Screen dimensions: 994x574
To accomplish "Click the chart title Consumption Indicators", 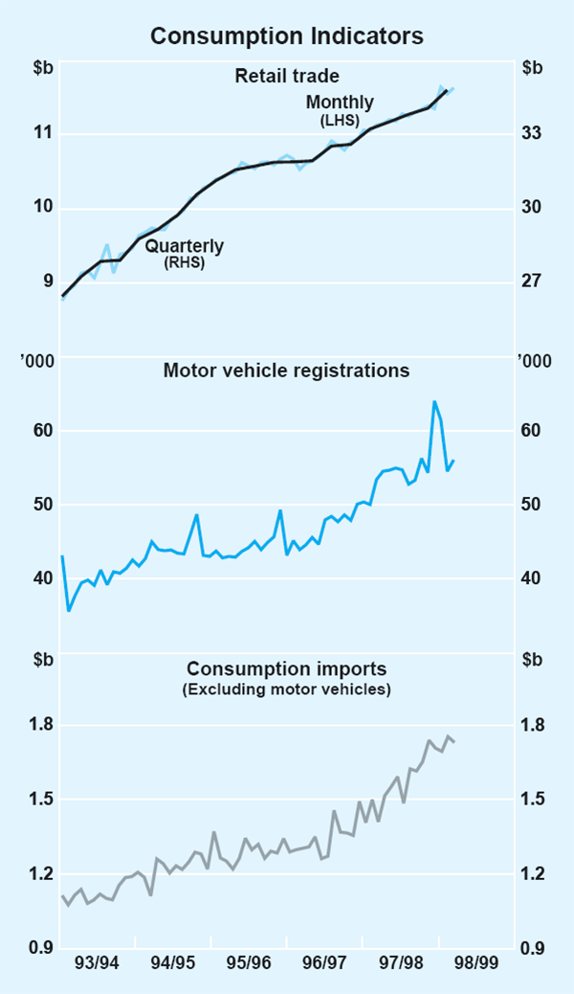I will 287,36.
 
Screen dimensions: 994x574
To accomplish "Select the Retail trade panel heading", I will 287,76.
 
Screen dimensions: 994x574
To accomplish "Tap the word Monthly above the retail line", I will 340,102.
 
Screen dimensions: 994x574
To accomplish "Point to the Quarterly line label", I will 185,246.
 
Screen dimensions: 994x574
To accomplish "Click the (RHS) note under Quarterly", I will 185,262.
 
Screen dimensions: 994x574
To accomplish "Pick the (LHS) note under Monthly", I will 340,120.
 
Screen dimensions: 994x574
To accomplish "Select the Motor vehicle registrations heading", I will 287,371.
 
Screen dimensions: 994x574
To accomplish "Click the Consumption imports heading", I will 287,668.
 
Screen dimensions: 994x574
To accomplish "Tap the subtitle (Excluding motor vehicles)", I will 287,688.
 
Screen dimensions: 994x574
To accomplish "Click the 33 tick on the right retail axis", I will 532,133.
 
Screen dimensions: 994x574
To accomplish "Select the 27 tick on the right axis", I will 532,282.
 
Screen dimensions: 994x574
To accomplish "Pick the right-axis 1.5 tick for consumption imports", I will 532,800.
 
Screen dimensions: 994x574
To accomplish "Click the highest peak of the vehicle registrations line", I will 434,402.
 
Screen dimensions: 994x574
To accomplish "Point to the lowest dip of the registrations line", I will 68,610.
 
